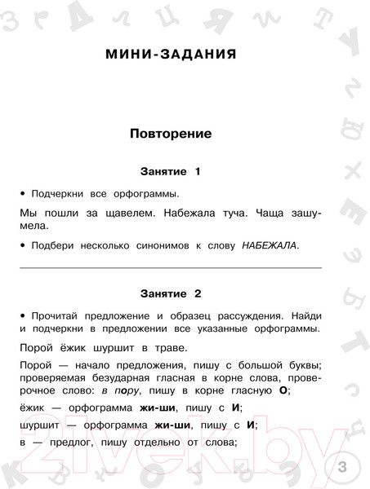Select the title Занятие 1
(x=170, y=172)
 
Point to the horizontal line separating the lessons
(x=170, y=267)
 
